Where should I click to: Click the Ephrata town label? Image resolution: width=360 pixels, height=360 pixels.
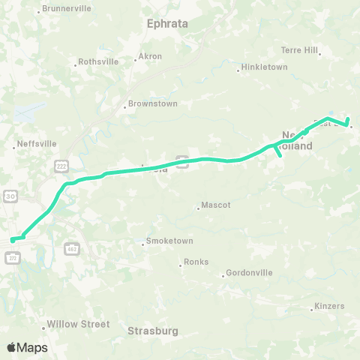click(x=166, y=23)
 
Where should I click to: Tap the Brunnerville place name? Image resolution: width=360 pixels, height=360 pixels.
click(x=66, y=8)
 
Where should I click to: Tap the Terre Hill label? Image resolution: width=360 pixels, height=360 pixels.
click(x=299, y=51)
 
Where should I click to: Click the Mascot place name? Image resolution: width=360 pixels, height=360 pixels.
click(x=217, y=205)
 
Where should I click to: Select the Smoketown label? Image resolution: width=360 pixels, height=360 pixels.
click(x=169, y=241)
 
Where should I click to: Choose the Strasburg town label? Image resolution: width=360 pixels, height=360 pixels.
click(x=151, y=330)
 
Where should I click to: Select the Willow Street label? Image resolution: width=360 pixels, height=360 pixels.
click(x=78, y=325)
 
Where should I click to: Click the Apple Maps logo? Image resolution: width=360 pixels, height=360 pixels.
click(x=27, y=347)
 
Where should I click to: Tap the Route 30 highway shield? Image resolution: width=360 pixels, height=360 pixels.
click(x=10, y=196)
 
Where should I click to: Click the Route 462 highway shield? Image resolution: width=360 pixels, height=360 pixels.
click(x=72, y=247)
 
